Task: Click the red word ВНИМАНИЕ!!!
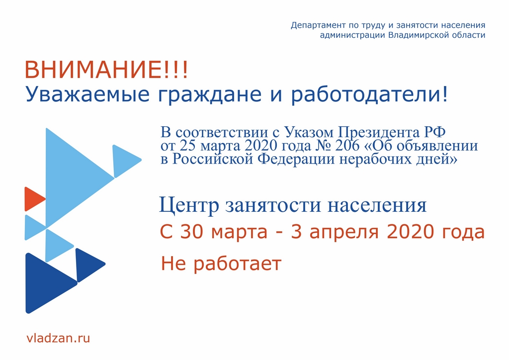point(106,70)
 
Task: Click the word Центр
point(189,205)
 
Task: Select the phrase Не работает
point(221,263)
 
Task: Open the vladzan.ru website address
point(58,338)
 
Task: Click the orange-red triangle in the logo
point(34,199)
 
